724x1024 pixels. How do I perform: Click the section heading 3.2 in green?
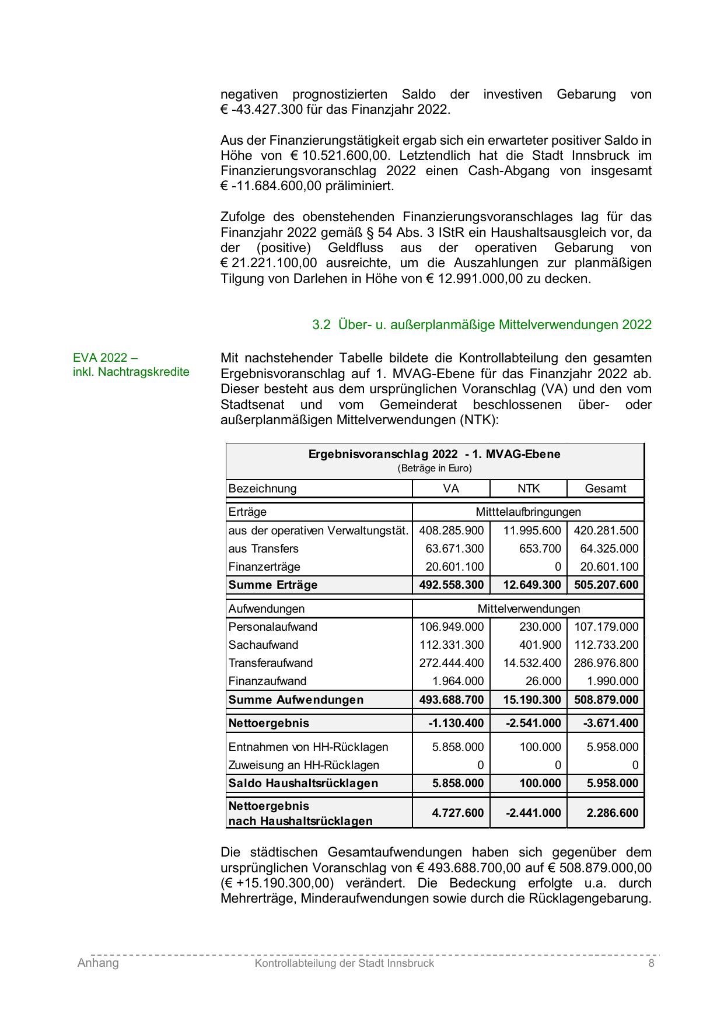tap(481, 325)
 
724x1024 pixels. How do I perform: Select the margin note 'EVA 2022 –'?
tap(106, 357)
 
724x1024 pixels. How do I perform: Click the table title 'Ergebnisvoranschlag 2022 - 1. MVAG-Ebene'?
tap(434, 454)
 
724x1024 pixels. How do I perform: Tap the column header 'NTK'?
tap(528, 488)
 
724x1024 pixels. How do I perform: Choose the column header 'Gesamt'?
tap(605, 488)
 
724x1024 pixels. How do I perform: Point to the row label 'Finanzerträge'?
tap(264, 567)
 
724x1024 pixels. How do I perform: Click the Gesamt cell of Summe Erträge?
tap(606, 585)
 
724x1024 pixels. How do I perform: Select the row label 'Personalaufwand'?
tap(274, 627)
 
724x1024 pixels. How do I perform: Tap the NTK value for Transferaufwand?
tap(532, 663)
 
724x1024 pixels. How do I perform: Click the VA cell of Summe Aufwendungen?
tap(452, 700)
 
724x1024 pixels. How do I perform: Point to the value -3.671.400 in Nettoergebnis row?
tap(611, 723)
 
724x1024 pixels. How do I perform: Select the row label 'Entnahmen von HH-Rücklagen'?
tap(308, 747)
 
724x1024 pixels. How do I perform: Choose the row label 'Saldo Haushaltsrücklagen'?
tap(303, 783)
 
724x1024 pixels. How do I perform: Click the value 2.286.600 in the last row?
tap(613, 813)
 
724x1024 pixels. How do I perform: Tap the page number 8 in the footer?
tap(651, 963)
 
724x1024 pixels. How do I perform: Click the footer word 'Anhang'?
tap(98, 963)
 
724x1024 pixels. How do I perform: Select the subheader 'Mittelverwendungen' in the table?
tap(529, 609)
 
